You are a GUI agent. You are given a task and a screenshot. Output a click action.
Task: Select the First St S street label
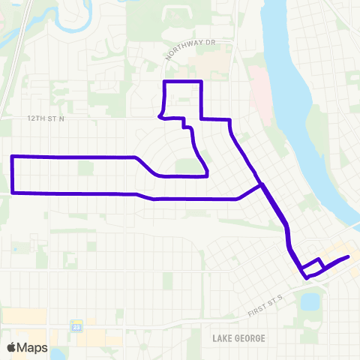[265, 304]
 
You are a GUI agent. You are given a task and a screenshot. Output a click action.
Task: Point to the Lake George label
[238, 338]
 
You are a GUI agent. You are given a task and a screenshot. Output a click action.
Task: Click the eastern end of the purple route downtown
[348, 257]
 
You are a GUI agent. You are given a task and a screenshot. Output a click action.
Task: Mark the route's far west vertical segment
[13, 174]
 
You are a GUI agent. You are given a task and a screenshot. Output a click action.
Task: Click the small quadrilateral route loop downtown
[312, 265]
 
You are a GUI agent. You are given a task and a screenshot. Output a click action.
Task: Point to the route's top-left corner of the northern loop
[164, 81]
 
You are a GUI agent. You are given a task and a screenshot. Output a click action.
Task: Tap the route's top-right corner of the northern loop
[202, 81]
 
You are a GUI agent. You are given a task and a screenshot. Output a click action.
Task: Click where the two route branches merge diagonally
[261, 184]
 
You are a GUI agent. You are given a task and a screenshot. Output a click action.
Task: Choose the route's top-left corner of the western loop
[12, 156]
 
